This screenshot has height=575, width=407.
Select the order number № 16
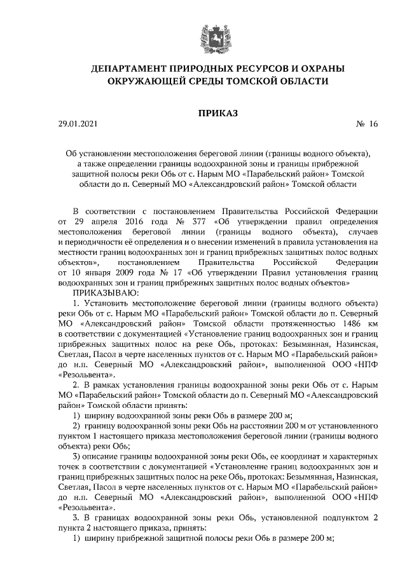pyautogui.click(x=366, y=126)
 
